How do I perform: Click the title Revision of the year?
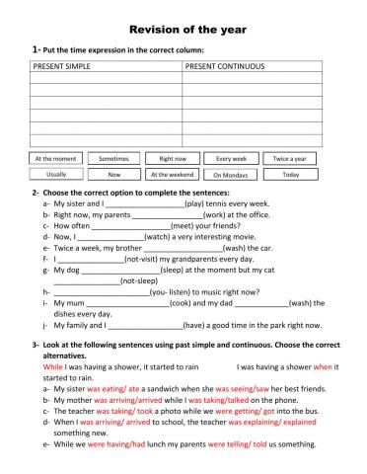pos(183,29)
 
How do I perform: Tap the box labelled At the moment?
pos(55,158)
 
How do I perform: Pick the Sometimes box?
pos(113,158)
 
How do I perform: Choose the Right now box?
pos(173,158)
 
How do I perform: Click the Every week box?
pos(231,158)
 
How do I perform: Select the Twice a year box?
pos(290,158)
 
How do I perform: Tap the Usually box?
pos(55,174)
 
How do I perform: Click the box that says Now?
pos(113,174)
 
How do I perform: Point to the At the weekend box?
pos(173,174)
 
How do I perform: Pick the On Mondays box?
pos(231,174)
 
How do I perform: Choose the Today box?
pos(290,174)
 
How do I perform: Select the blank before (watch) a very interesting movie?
pos(110,238)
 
